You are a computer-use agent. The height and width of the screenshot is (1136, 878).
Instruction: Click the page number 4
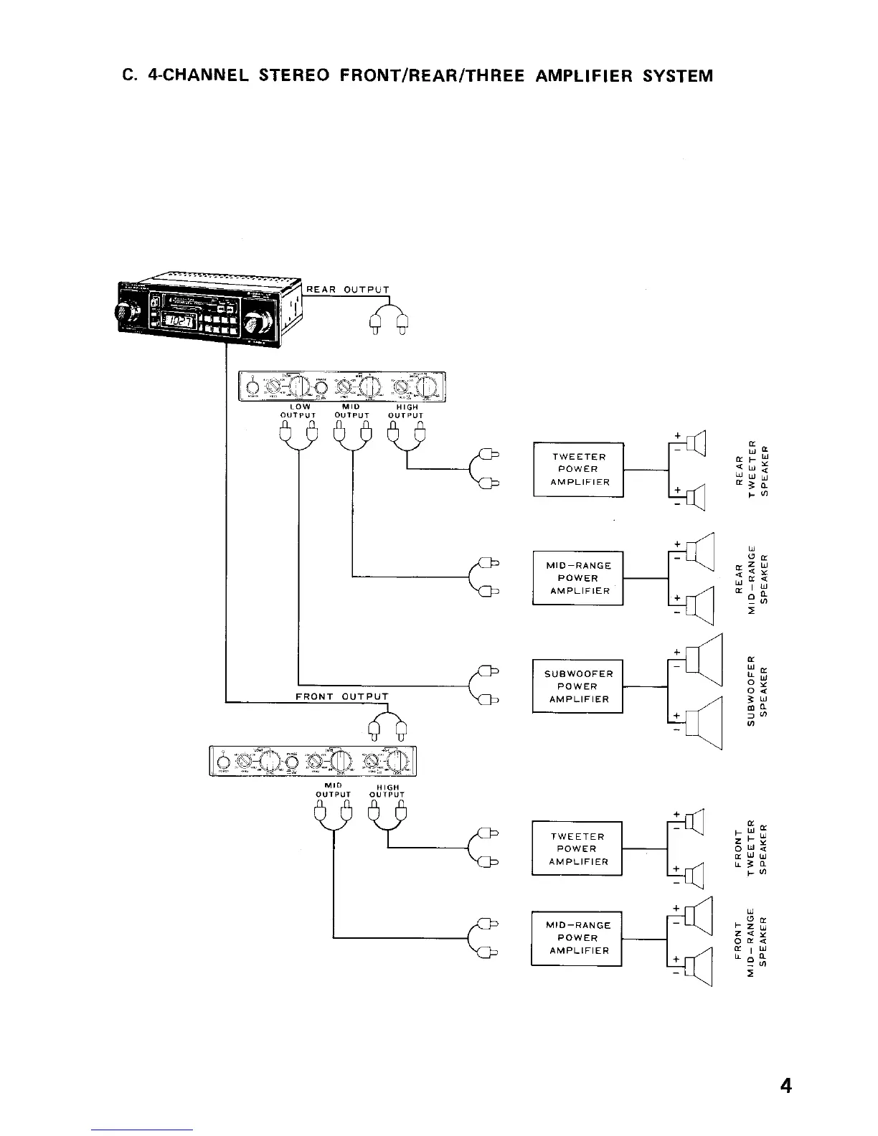[785, 1087]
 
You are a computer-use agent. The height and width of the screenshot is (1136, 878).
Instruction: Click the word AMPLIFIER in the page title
[580, 76]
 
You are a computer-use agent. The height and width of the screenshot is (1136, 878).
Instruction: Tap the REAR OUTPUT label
[348, 290]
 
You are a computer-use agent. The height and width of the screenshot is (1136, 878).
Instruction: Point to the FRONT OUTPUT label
[342, 696]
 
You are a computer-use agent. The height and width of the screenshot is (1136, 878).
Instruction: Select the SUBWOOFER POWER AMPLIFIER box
[578, 686]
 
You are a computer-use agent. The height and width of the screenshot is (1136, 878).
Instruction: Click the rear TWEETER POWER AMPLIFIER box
[579, 470]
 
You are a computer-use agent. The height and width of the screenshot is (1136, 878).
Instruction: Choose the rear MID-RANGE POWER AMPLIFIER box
[578, 578]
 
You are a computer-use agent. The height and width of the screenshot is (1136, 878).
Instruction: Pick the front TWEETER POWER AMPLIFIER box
[577, 848]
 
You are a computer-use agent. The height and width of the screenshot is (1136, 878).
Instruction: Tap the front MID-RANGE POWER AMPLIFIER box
[577, 938]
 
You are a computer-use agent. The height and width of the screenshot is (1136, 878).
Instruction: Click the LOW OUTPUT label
[298, 411]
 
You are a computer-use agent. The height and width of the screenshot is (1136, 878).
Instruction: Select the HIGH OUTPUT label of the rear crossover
[406, 411]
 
